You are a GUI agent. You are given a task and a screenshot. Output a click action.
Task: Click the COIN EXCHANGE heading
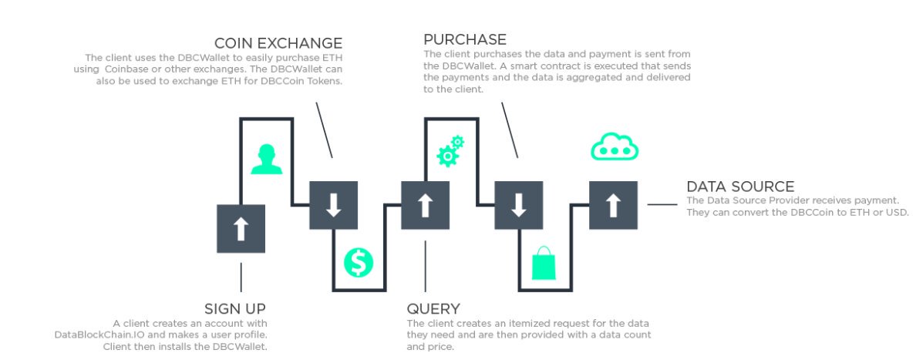click(278, 42)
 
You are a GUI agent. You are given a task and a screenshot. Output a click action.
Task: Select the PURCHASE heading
click(465, 39)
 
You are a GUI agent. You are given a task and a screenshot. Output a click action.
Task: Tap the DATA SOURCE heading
click(740, 187)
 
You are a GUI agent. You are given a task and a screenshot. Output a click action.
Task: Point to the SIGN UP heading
click(236, 309)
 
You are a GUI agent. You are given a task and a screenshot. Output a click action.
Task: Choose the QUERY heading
click(433, 309)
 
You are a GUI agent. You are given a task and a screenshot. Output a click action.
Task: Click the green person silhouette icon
click(267, 160)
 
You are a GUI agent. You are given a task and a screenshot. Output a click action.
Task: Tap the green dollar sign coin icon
click(359, 263)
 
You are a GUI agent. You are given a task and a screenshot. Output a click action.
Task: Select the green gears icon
click(450, 151)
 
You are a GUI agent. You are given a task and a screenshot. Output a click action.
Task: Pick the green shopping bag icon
click(544, 263)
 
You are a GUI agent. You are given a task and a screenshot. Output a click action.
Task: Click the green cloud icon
click(615, 146)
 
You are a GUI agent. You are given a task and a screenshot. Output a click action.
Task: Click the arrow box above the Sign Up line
click(241, 229)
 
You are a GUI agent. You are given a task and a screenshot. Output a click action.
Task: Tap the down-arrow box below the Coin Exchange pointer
click(333, 205)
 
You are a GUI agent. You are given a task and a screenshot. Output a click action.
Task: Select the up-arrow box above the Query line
click(425, 205)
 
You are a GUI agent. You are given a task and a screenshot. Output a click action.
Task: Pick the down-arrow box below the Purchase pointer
click(518, 205)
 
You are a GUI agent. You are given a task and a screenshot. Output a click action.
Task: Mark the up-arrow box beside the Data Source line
click(613, 205)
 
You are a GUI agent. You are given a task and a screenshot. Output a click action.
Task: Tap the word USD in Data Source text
click(897, 212)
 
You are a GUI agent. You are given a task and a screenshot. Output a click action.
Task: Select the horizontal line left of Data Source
click(662, 205)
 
